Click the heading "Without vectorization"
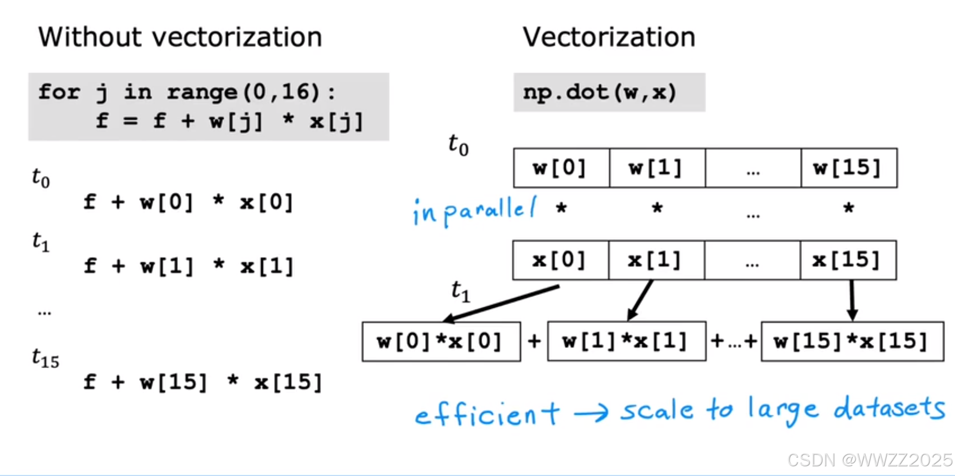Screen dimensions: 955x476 click(x=180, y=38)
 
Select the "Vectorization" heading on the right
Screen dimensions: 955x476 click(x=609, y=38)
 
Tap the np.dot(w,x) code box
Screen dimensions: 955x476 click(x=609, y=92)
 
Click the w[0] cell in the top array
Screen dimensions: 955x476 click(x=561, y=168)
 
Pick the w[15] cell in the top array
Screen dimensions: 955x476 click(x=849, y=168)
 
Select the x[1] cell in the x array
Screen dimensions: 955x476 click(x=656, y=261)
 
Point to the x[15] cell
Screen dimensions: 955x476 click(x=848, y=261)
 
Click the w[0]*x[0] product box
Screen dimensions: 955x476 click(x=441, y=342)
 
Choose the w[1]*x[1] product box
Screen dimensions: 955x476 click(x=626, y=342)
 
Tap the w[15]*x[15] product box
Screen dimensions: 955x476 click(x=852, y=342)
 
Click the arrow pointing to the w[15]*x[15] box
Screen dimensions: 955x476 click(x=852, y=301)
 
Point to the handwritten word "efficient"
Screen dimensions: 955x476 click(x=487, y=415)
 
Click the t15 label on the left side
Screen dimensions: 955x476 click(x=45, y=358)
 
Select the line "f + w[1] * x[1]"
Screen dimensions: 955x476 click(x=189, y=266)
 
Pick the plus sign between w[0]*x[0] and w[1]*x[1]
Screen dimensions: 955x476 click(x=534, y=342)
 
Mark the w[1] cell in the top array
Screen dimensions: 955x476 click(x=657, y=168)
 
